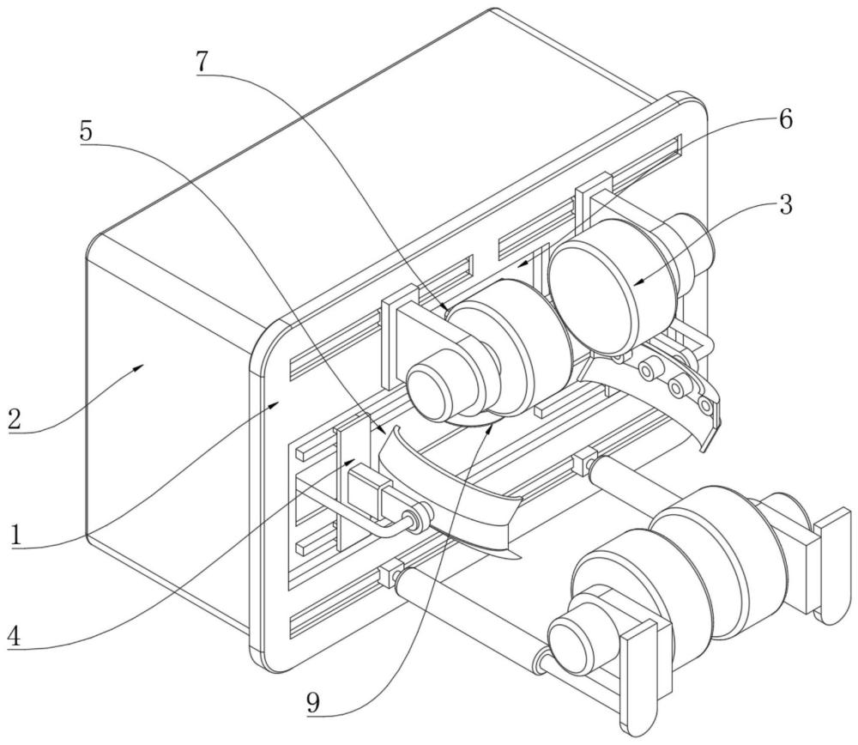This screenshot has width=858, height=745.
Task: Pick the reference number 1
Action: pos(18,536)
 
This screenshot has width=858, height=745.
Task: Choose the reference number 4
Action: pos(16,637)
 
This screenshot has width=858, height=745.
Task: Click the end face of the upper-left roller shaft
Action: pos(438,391)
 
